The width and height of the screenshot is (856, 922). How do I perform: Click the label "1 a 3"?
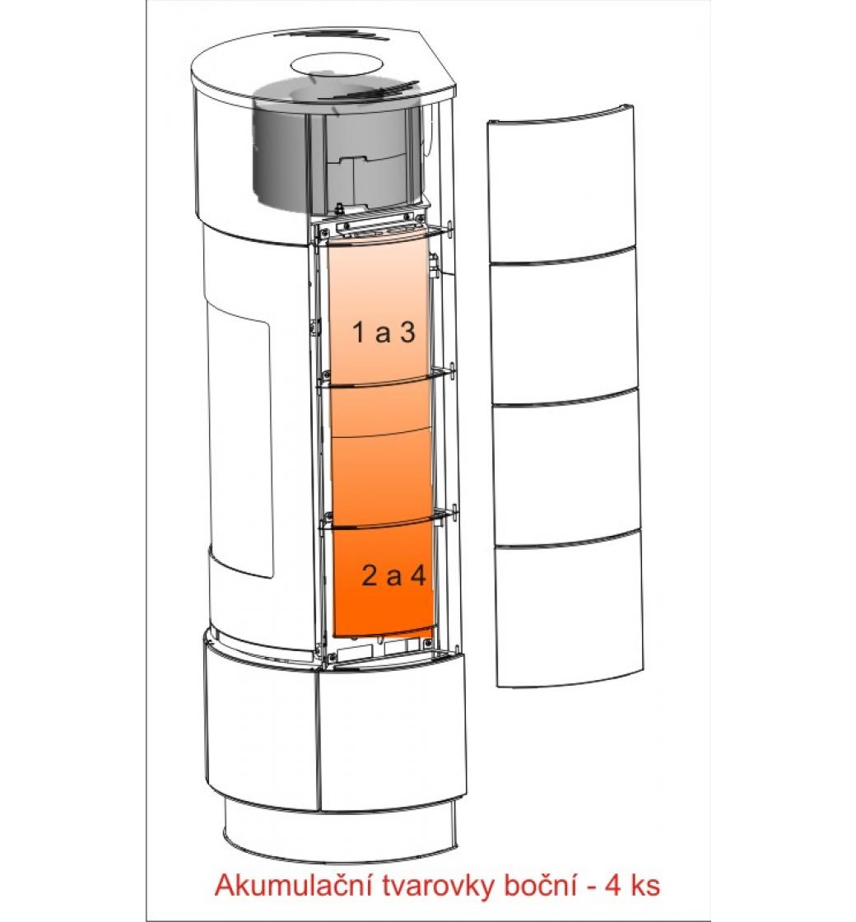point(384,333)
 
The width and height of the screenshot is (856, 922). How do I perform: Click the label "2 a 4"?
point(393,575)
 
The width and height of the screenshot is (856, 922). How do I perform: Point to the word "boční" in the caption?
point(540,886)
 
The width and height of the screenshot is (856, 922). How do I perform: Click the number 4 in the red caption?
point(613,886)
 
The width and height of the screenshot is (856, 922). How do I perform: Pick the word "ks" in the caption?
point(645,886)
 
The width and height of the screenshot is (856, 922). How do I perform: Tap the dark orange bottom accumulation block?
point(384,580)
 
